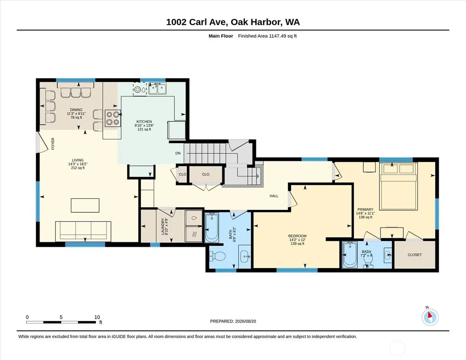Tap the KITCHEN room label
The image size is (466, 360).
(x=144, y=121)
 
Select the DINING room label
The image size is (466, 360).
(x=76, y=110)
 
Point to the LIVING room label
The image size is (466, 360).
(x=78, y=160)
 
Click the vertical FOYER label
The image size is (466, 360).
(x=53, y=144)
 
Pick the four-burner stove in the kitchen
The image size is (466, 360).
(x=113, y=118)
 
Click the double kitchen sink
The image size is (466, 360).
(x=157, y=89)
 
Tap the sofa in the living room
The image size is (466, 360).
(x=83, y=231)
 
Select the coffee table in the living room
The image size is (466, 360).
(x=85, y=205)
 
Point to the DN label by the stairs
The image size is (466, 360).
(x=178, y=153)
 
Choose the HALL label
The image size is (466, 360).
(x=274, y=196)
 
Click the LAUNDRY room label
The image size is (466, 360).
(x=163, y=226)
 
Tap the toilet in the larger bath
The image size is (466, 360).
(x=215, y=255)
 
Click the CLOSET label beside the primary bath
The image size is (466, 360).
(x=415, y=255)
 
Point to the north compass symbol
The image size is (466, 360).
(x=430, y=317)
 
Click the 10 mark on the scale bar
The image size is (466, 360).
(x=97, y=317)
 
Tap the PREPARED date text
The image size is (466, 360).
(x=233, y=321)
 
